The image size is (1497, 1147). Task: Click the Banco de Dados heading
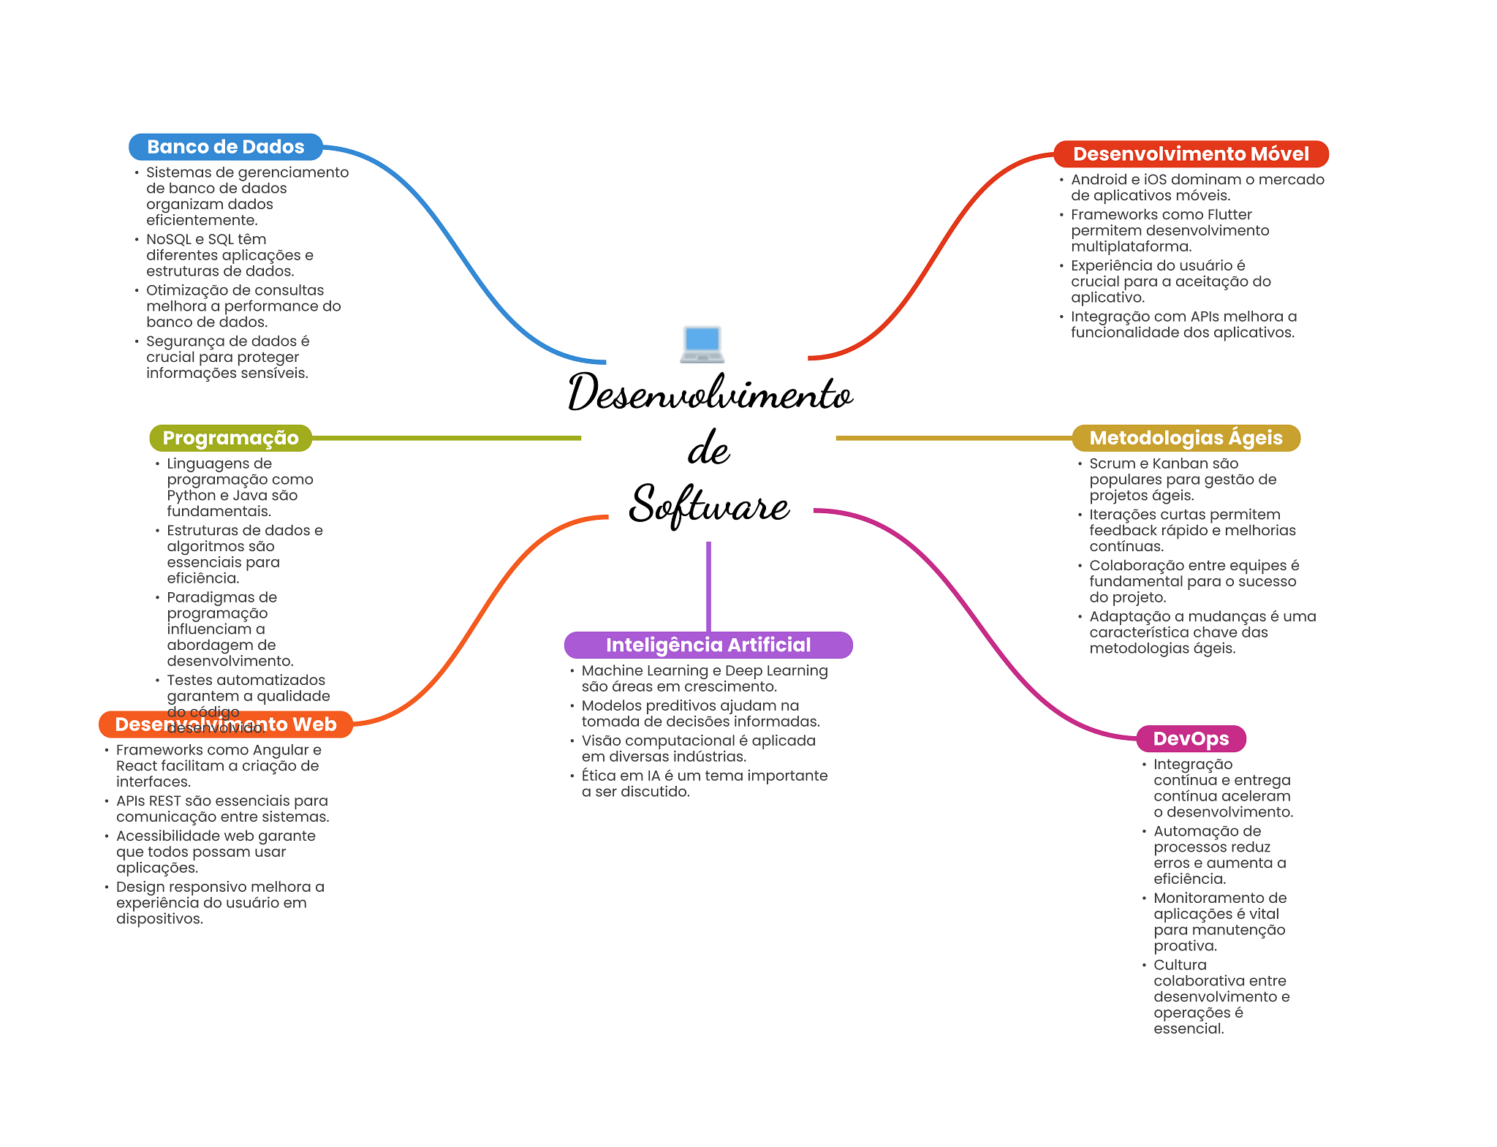[225, 147]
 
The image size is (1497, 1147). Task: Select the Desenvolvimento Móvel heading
[1190, 154]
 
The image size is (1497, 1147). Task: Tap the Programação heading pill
[230, 438]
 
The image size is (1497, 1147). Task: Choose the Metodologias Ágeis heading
[1186, 438]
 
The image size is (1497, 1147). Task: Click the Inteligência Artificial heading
[708, 645]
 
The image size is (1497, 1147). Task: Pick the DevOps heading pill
[1191, 738]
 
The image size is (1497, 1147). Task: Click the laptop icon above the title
[702, 344]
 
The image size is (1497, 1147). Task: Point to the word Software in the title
[709, 504]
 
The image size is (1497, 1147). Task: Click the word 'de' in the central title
[708, 448]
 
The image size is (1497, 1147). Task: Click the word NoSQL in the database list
[168, 240]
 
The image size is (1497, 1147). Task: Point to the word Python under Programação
[191, 496]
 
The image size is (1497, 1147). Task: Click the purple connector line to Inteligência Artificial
[708, 585]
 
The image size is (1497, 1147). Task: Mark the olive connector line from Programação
[446, 438]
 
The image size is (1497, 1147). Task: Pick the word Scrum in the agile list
[1110, 463]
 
